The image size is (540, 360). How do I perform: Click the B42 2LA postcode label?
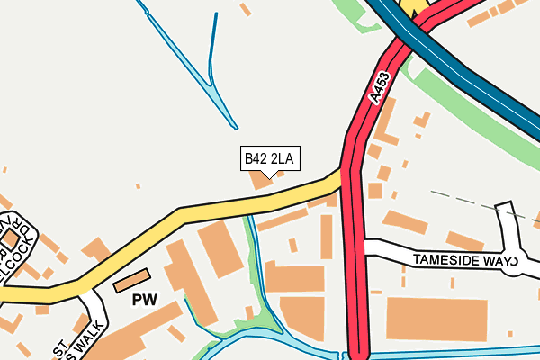tap(269, 159)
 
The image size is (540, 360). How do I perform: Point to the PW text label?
tap(144, 300)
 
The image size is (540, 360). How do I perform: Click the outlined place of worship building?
tap(132, 281)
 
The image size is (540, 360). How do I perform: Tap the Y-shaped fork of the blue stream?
tap(214, 87)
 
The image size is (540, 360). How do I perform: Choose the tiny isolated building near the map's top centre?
tap(245, 9)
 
